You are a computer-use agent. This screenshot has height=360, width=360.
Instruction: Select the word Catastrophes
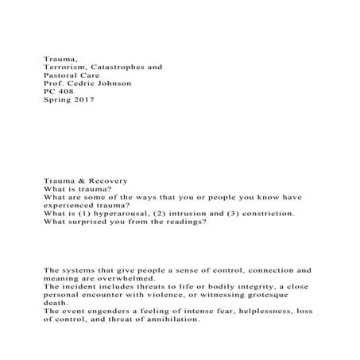pyautogui.click(x=118, y=68)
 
